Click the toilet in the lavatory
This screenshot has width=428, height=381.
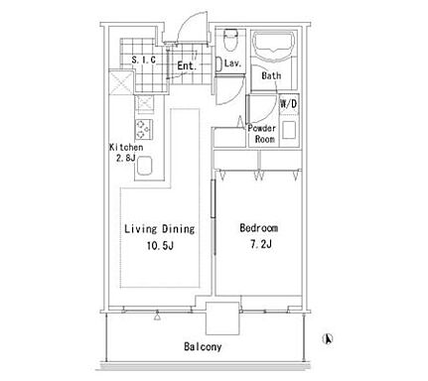230,41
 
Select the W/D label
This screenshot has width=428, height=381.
289,104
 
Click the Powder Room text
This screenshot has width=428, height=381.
262,134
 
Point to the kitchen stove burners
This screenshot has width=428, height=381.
144,129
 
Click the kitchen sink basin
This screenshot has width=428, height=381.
144,166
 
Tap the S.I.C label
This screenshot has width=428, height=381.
143,60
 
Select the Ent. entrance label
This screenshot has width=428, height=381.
187,65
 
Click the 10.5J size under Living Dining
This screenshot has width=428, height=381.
160,246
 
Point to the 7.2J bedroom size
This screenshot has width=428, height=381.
261,244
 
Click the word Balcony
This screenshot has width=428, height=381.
203,346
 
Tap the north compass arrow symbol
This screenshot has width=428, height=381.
327,339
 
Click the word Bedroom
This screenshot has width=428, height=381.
259,228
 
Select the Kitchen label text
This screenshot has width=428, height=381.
126,148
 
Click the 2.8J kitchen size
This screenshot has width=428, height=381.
125,158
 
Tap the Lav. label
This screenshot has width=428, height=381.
232,63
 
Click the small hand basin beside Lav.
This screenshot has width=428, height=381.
218,63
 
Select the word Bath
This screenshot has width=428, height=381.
271,75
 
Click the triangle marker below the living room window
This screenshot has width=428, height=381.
158,317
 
